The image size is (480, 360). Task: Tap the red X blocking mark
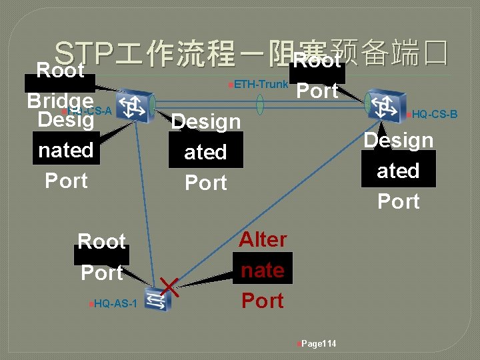(x=169, y=287)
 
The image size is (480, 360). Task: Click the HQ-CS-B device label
(x=434, y=115)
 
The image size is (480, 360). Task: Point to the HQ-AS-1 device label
(x=115, y=304)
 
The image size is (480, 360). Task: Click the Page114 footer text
(x=319, y=344)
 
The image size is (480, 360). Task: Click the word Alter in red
(x=263, y=240)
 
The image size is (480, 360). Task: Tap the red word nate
(x=263, y=271)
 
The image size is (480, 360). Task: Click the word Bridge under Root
(x=60, y=100)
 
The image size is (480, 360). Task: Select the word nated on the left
(x=66, y=151)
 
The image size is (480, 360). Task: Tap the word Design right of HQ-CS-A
(x=205, y=121)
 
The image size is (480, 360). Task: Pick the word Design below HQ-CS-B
(x=398, y=141)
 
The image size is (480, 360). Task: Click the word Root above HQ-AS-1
(x=101, y=241)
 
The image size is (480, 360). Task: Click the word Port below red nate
(x=263, y=301)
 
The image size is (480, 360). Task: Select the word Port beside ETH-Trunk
(x=317, y=91)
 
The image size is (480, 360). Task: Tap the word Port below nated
(x=66, y=181)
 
